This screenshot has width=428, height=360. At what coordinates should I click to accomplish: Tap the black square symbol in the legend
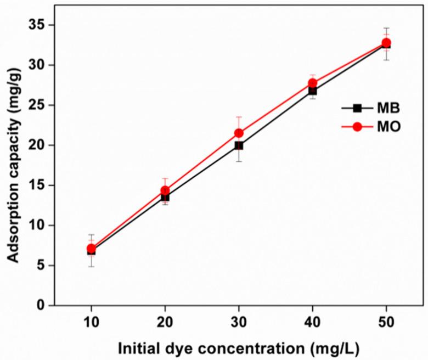click(x=357, y=108)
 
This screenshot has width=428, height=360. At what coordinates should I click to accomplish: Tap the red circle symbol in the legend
click(x=357, y=127)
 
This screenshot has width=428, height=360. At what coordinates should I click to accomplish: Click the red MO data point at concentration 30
click(x=239, y=133)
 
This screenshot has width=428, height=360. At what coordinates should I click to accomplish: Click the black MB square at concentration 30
click(x=239, y=145)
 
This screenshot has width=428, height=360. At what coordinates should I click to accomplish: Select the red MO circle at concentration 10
click(x=91, y=249)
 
